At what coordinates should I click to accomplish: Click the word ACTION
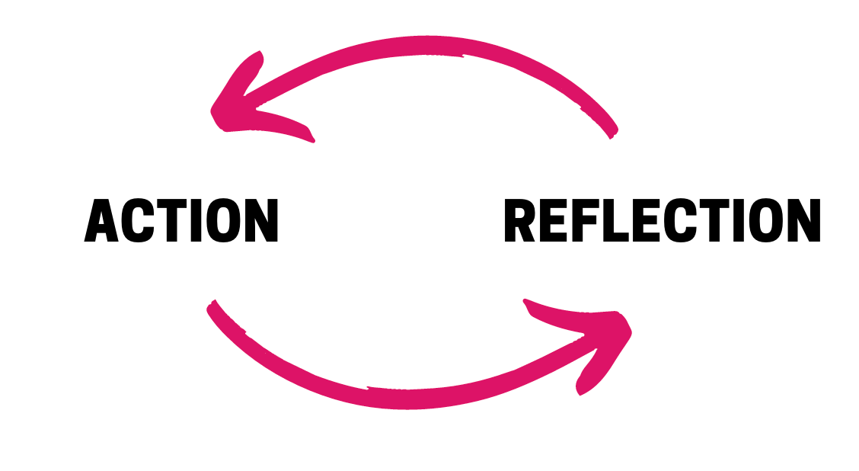click(x=181, y=221)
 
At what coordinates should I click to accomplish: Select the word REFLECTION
click(x=662, y=221)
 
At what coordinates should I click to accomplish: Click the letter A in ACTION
click(x=101, y=221)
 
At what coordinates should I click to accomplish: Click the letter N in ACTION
click(x=260, y=221)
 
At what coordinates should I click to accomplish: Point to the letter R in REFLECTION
click(x=521, y=221)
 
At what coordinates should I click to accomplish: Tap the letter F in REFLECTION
click(x=585, y=221)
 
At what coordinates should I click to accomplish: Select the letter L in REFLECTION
click(x=614, y=221)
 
